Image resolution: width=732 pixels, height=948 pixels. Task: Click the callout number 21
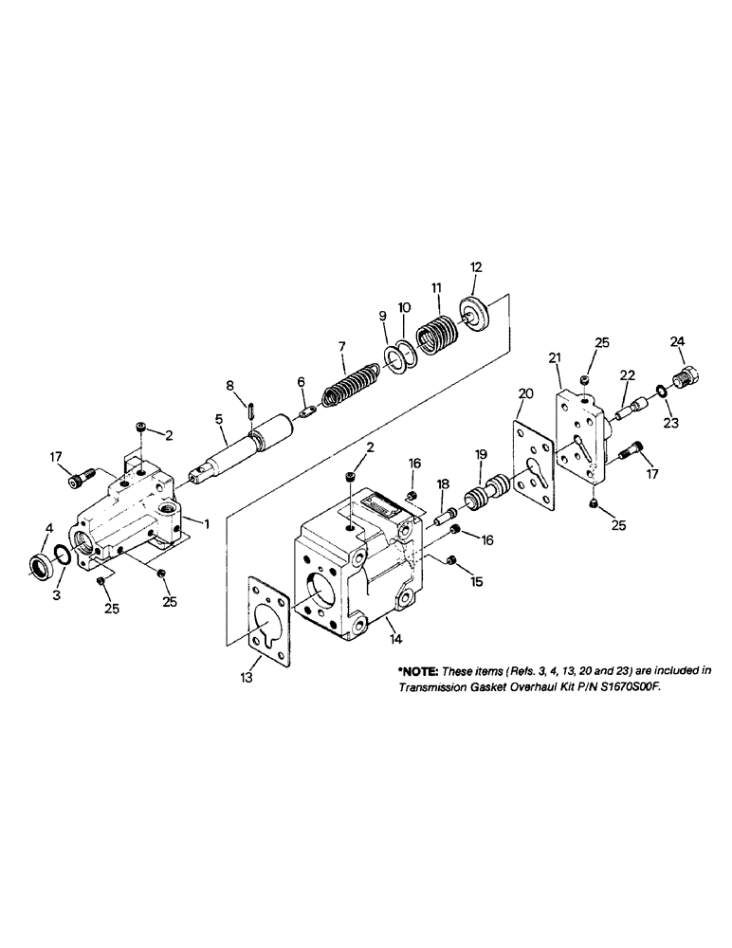pos(555,356)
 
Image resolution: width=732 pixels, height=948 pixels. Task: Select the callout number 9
pos(384,316)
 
